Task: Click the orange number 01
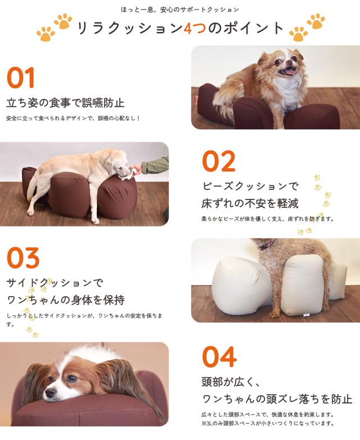point(21,78)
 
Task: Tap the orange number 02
point(218,161)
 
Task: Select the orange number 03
point(23,258)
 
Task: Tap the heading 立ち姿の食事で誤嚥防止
point(65,103)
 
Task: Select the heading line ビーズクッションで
point(250,186)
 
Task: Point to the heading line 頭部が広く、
point(231,382)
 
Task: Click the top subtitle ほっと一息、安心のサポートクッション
point(180,10)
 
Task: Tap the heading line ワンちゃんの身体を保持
point(65,300)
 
